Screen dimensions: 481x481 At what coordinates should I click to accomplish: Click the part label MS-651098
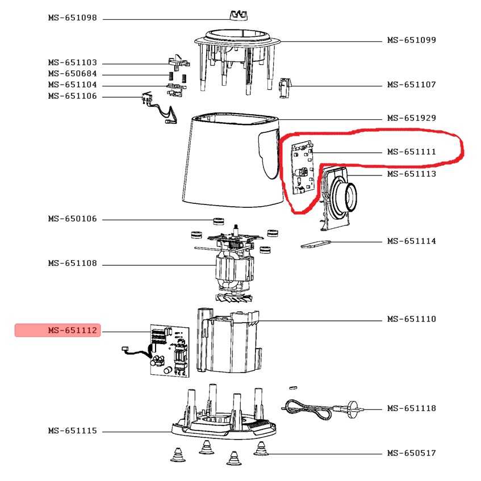pos(72,18)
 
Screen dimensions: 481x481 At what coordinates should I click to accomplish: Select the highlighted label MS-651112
pos(72,331)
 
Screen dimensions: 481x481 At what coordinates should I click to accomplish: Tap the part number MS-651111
pos(411,152)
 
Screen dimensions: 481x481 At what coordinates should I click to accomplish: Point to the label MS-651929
pos(411,118)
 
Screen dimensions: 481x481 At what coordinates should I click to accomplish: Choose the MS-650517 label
pos(411,453)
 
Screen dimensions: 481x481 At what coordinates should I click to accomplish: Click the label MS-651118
pos(411,408)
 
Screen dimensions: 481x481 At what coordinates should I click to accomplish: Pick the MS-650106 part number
pos(72,219)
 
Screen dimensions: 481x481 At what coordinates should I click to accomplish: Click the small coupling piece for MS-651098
pos(239,15)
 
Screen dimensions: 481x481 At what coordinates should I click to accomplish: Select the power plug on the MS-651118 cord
pos(354,409)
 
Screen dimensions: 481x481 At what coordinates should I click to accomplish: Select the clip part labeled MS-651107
pos(285,87)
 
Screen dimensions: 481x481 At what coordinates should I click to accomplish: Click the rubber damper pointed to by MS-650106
pos(218,220)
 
